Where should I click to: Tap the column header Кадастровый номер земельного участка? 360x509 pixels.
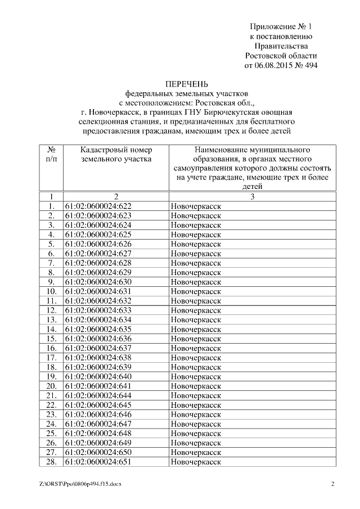click(116, 155)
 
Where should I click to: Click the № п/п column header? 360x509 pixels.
click(51, 155)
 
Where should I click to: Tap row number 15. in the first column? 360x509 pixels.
click(51, 339)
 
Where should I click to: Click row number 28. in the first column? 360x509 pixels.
click(51, 462)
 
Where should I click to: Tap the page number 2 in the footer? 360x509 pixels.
click(332, 484)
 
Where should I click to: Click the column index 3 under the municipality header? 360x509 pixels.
click(253, 196)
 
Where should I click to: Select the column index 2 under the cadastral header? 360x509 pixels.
click(116, 196)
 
